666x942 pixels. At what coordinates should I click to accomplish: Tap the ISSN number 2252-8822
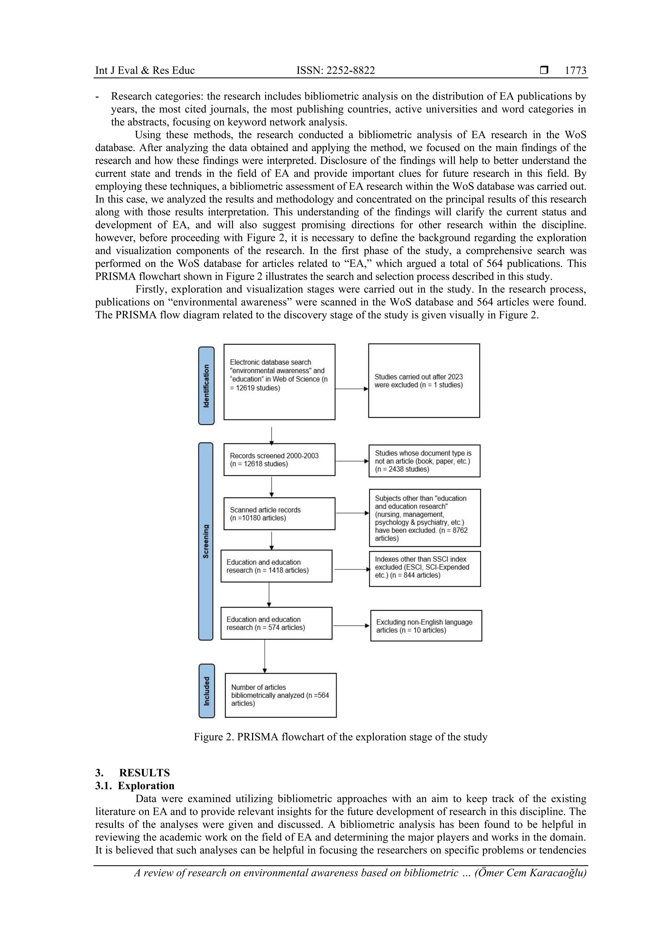(x=335, y=71)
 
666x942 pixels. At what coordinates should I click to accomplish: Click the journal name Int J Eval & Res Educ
(x=145, y=71)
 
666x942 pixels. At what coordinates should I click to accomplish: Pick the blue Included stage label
(x=206, y=691)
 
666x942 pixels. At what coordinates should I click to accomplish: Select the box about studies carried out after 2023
(x=424, y=381)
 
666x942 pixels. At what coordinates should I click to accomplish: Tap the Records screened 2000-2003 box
(x=279, y=459)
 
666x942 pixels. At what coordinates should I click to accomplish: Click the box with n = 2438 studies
(x=424, y=461)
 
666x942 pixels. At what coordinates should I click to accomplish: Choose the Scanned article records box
(x=279, y=514)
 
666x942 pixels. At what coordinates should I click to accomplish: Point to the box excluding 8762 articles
(x=425, y=518)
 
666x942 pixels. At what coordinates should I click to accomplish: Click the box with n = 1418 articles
(x=276, y=566)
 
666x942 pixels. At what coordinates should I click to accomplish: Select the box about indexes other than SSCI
(x=425, y=568)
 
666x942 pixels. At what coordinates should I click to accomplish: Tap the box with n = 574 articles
(x=276, y=623)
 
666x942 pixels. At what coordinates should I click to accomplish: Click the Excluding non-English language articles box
(x=426, y=626)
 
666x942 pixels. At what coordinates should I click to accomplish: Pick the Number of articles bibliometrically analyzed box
(x=281, y=695)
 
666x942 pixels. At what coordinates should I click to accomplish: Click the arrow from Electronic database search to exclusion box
(x=352, y=389)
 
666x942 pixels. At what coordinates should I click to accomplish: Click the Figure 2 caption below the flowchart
(x=340, y=737)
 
